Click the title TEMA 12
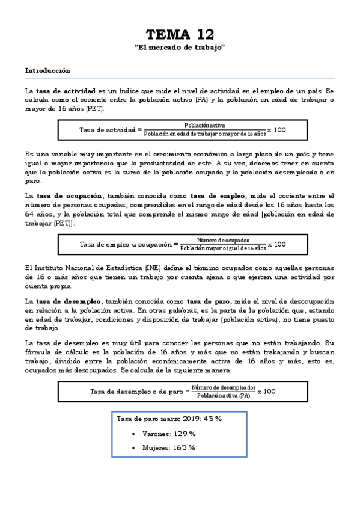[180, 34]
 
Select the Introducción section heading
[47, 70]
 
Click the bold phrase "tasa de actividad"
[62, 90]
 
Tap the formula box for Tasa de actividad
[182, 129]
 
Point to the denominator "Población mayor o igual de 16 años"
[222, 248]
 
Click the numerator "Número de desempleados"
[224, 387]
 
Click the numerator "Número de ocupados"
[222, 240]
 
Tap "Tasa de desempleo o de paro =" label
[139, 391]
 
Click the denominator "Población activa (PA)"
[224, 395]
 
